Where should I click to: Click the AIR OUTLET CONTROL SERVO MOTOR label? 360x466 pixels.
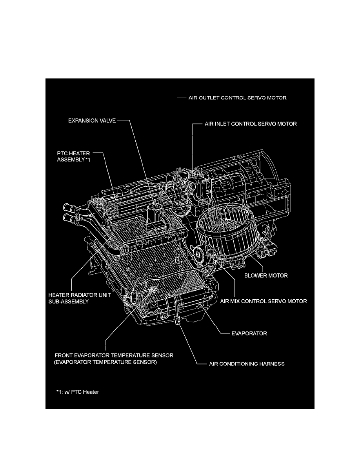pyautogui.click(x=237, y=98)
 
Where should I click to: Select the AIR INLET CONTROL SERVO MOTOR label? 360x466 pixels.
pyautogui.click(x=251, y=124)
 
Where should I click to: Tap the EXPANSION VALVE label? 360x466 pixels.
pyautogui.click(x=92, y=121)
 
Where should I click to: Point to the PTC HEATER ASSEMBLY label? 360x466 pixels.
pyautogui.click(x=73, y=157)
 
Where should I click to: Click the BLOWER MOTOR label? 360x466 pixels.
pyautogui.click(x=266, y=275)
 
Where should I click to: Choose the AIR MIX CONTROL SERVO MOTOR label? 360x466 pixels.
pyautogui.click(x=264, y=301)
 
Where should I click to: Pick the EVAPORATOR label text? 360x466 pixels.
pyautogui.click(x=249, y=333)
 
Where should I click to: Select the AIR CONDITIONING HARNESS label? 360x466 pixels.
pyautogui.click(x=247, y=364)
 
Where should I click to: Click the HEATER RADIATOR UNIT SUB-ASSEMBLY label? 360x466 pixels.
pyautogui.click(x=80, y=298)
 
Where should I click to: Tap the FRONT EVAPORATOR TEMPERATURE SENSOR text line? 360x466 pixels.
pyautogui.click(x=114, y=355)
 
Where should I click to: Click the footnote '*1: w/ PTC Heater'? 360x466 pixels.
pyautogui.click(x=78, y=392)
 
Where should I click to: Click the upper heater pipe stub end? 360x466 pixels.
pyautogui.click(x=65, y=207)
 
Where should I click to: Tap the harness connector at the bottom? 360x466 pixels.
pyautogui.click(x=177, y=320)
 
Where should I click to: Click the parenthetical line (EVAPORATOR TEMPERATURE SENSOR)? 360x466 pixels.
pyautogui.click(x=105, y=362)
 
